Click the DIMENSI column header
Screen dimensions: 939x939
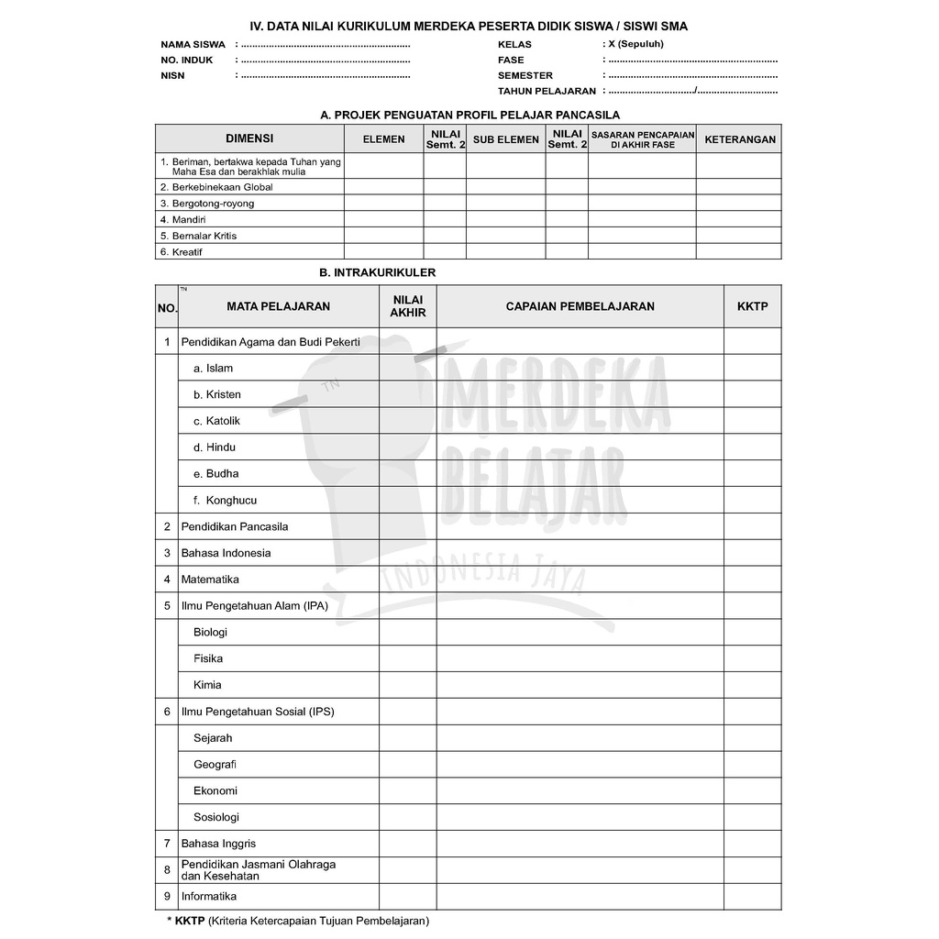pos(249,138)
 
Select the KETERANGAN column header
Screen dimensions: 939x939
pos(739,139)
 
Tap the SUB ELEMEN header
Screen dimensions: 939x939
pos(506,139)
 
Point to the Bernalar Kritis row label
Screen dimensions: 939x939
pos(204,236)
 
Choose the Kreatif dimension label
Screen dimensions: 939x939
pos(187,251)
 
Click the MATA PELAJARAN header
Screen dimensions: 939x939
pos(278,306)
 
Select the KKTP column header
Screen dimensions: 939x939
pos(752,306)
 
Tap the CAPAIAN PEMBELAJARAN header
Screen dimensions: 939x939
pos(580,306)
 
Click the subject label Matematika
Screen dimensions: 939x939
pos(210,580)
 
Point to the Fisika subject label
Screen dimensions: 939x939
pos(208,658)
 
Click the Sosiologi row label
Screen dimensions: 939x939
pos(216,817)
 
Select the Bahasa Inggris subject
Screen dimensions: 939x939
pos(218,844)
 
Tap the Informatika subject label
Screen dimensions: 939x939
pos(209,896)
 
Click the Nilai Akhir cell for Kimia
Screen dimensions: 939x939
pos(407,685)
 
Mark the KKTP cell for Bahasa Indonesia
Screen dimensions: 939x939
pos(752,553)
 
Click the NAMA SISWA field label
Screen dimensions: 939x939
pos(193,44)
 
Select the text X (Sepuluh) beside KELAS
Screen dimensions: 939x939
pos(635,43)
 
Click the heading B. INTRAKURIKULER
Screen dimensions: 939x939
pos(377,272)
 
